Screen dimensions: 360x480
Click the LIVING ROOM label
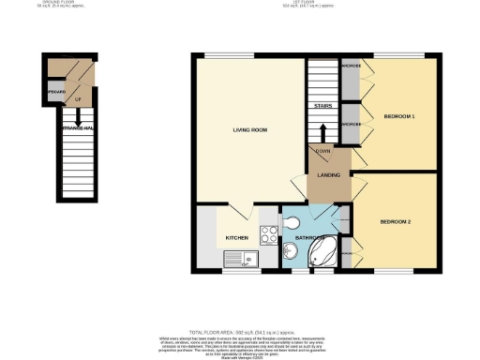pyautogui.click(x=249, y=131)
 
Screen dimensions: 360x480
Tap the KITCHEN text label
pyautogui.click(x=236, y=239)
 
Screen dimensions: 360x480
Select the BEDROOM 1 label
pyautogui.click(x=400, y=116)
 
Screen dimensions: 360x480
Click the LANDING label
pyautogui.click(x=328, y=174)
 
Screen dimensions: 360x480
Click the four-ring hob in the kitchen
pyautogui.click(x=267, y=237)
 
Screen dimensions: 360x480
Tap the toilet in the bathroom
pyautogui.click(x=292, y=222)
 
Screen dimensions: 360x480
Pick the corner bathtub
pyautogui.click(x=327, y=252)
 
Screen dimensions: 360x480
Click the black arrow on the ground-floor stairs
pyautogui.click(x=78, y=118)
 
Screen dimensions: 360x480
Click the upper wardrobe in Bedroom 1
pyautogui.click(x=351, y=82)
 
